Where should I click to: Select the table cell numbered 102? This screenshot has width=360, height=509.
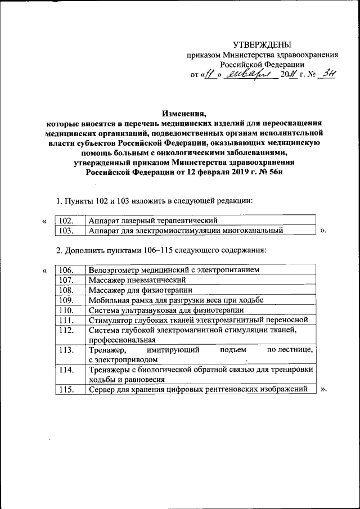coord(66,220)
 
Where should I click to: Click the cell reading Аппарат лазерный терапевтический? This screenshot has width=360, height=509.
coord(152,220)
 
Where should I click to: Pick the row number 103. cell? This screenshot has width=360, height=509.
coord(66,230)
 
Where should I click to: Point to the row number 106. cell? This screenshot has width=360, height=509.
coord(66,270)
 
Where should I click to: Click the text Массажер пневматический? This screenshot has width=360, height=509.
coord(137,280)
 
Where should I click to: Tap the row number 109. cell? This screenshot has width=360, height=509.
coord(66,300)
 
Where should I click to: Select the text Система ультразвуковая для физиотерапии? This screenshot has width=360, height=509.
coord(166,310)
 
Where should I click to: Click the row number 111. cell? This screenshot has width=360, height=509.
coord(66,320)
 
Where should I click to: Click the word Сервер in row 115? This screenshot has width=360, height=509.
coord(102,389)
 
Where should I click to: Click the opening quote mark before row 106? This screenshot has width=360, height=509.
coord(44,271)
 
